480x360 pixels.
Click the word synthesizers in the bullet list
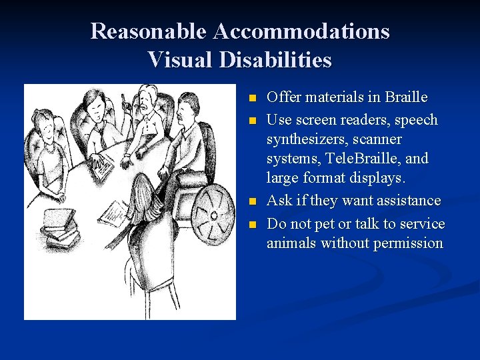tap(306, 139)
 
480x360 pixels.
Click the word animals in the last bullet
tap(291, 243)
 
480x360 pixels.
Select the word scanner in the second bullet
tap(378, 139)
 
